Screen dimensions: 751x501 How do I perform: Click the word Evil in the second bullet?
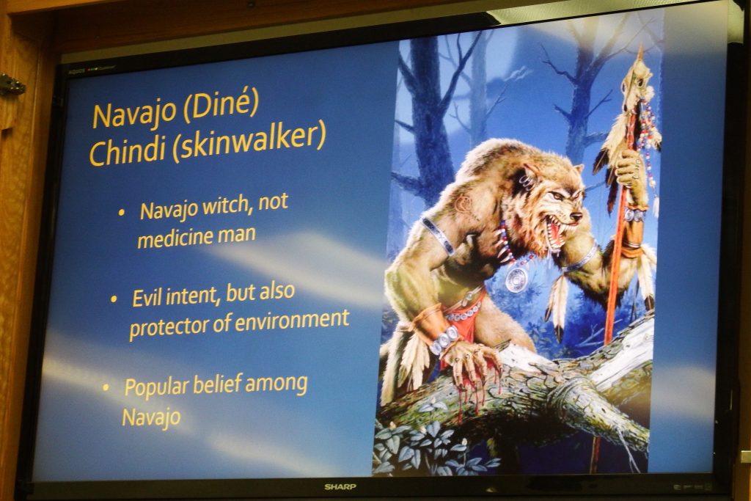147,297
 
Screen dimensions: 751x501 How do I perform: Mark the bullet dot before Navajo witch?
122,212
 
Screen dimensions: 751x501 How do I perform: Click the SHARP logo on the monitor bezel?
340,487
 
